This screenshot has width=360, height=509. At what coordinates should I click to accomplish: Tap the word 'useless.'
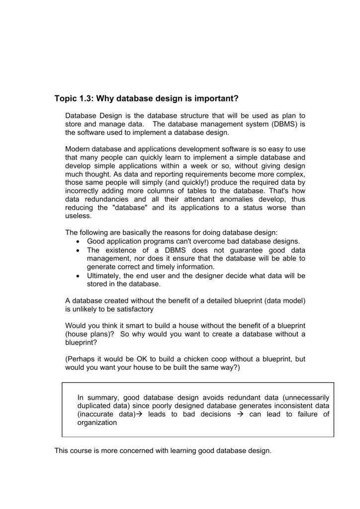79,216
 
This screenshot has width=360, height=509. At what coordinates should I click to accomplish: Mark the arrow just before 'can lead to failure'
240,414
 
